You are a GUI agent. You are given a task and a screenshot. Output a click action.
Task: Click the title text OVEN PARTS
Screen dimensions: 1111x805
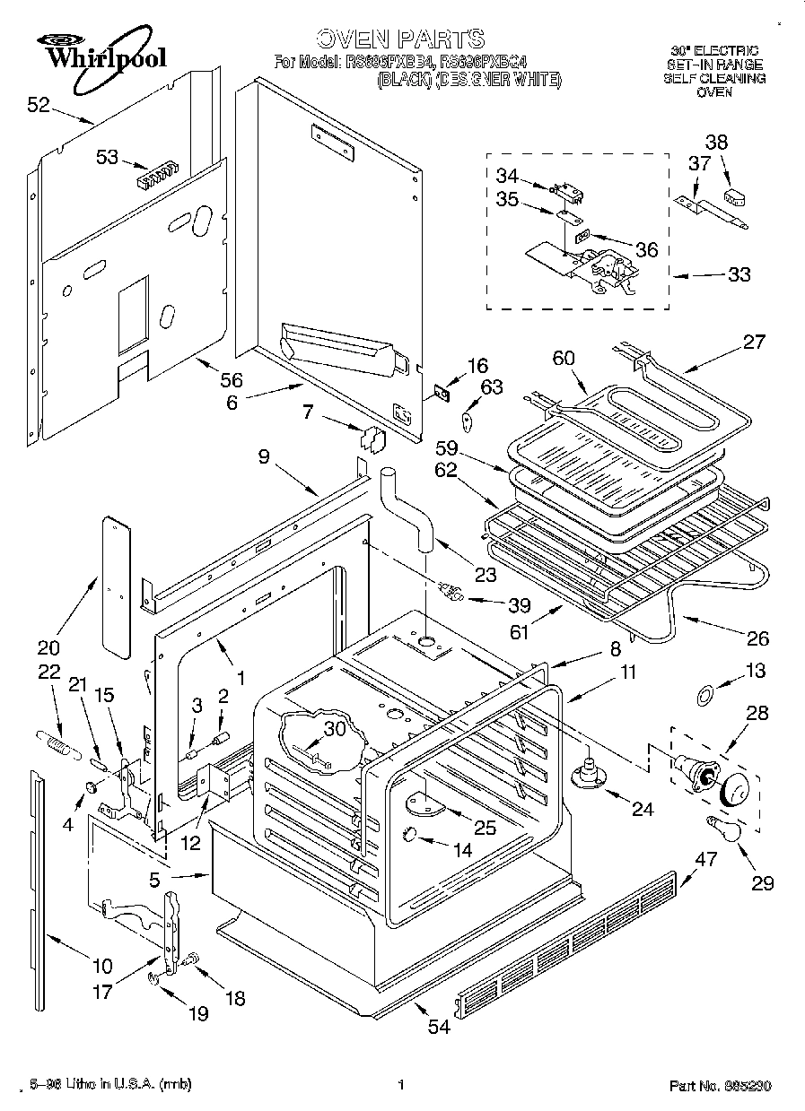(x=400, y=39)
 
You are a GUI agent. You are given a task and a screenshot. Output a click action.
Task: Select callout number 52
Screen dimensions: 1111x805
(x=39, y=105)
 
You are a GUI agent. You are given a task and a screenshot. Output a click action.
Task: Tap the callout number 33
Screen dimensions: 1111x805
(x=738, y=275)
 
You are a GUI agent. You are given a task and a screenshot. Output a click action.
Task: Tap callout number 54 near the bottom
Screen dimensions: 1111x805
(x=438, y=1028)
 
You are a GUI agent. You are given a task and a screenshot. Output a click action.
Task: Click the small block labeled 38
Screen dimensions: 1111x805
(x=735, y=194)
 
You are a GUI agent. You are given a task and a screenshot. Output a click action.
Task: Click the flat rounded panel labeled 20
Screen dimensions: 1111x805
(x=115, y=583)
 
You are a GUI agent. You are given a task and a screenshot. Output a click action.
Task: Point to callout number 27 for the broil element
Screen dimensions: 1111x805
(x=754, y=341)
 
